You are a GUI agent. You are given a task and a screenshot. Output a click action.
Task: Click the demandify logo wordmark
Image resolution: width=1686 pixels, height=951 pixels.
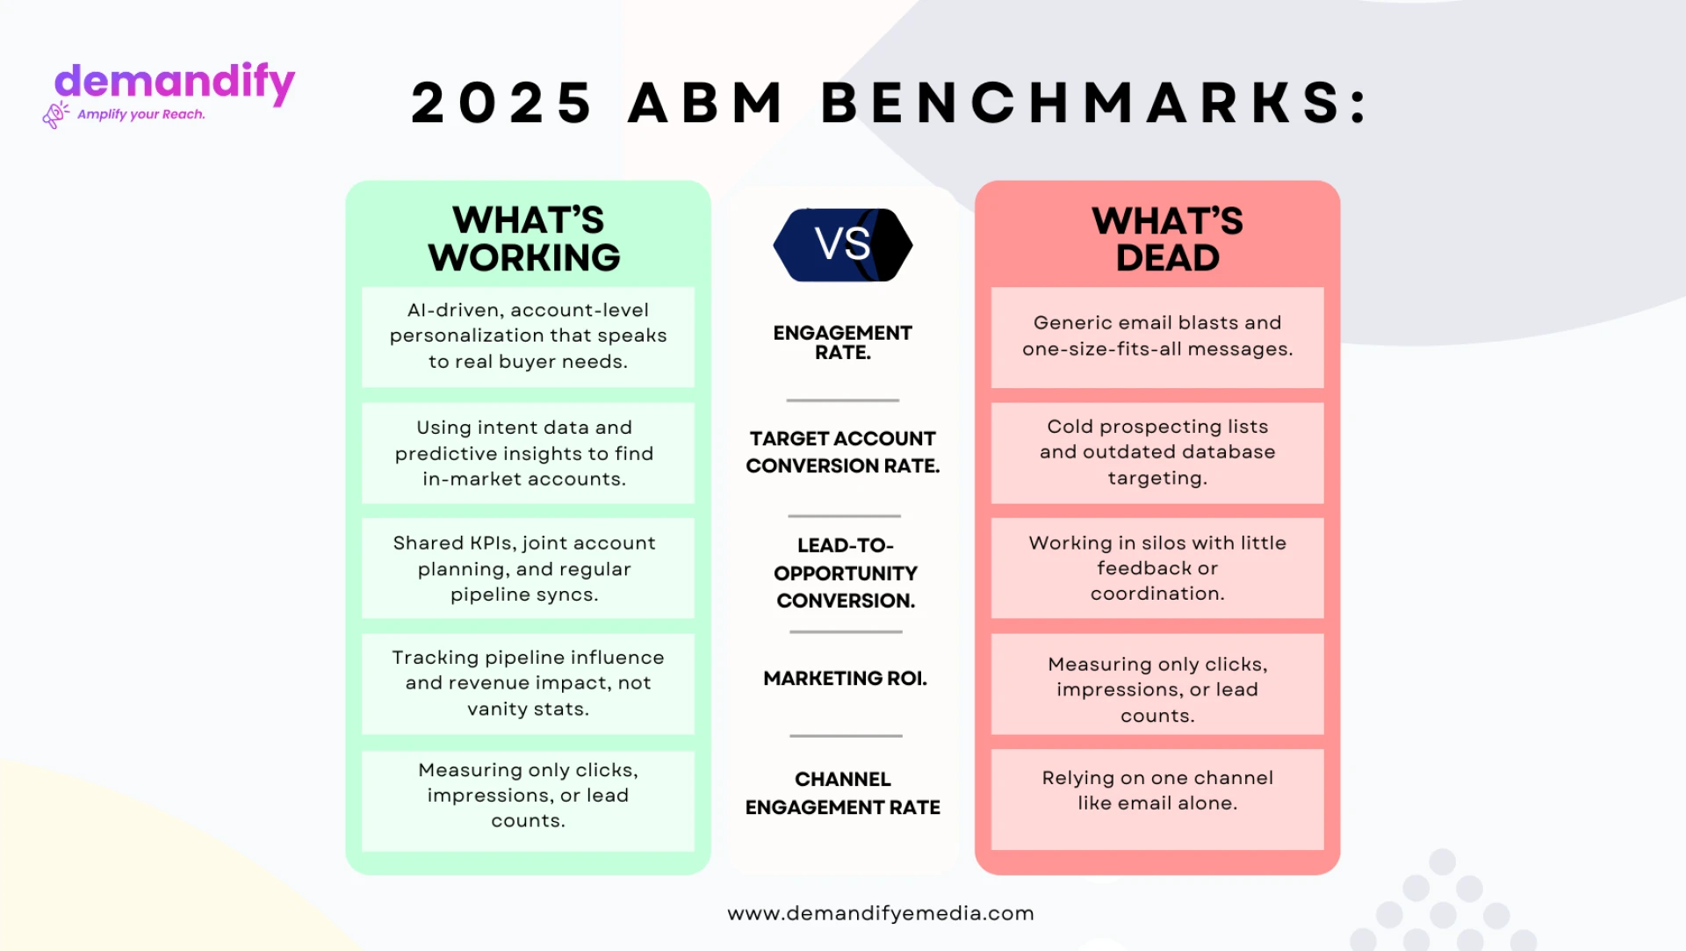(x=175, y=83)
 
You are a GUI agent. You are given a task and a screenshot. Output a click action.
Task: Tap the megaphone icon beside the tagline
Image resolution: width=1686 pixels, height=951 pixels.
(x=55, y=115)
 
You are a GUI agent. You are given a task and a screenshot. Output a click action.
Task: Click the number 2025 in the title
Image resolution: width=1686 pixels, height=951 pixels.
(x=501, y=103)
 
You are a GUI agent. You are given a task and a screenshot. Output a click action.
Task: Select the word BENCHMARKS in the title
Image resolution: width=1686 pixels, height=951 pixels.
(x=1093, y=103)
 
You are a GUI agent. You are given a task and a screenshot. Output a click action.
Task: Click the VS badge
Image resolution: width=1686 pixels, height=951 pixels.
(x=843, y=244)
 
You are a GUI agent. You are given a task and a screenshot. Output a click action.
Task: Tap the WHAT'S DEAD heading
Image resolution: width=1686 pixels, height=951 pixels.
(x=1167, y=239)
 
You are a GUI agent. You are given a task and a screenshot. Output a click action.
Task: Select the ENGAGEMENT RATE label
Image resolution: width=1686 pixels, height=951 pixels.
(x=843, y=342)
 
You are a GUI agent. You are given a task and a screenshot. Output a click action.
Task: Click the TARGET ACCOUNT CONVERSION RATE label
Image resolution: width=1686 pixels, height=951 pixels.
(x=843, y=451)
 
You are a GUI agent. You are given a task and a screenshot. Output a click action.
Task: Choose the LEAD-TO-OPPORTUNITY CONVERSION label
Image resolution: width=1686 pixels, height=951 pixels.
(x=845, y=573)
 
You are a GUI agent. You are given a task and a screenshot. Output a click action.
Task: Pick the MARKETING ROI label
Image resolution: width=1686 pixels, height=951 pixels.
(x=845, y=678)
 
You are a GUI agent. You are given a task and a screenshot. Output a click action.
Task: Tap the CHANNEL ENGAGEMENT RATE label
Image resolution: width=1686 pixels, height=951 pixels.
(x=843, y=793)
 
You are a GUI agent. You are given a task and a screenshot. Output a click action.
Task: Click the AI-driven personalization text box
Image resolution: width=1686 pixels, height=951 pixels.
(x=528, y=336)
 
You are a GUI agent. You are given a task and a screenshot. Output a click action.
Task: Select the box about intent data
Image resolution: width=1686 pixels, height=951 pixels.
(x=528, y=453)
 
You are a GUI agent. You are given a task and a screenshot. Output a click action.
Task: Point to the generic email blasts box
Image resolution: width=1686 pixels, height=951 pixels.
(x=1157, y=336)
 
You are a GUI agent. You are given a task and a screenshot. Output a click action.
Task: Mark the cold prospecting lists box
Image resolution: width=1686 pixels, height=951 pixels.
(x=1157, y=452)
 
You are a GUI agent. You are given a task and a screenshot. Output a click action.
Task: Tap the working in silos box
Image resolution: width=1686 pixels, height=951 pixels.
(x=1157, y=568)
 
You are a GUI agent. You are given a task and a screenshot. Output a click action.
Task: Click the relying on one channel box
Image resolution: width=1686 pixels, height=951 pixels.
(x=1157, y=798)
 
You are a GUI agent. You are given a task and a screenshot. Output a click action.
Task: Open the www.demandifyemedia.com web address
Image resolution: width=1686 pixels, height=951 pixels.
(x=881, y=913)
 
